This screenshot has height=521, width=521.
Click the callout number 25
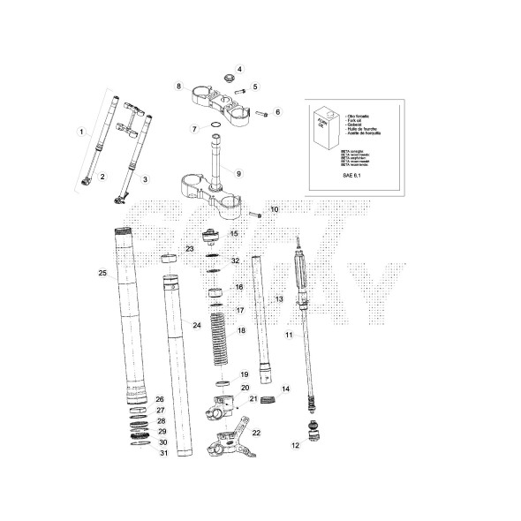click(x=102, y=274)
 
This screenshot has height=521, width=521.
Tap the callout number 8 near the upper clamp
click(x=178, y=86)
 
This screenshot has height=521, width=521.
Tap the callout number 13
click(x=278, y=300)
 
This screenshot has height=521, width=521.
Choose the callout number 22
click(x=257, y=434)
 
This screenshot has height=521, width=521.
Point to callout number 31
click(x=163, y=454)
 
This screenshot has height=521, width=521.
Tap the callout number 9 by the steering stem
click(x=238, y=173)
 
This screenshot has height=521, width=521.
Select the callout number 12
click(x=296, y=446)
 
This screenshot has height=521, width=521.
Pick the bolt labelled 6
click(x=262, y=113)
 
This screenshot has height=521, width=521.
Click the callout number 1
click(x=81, y=132)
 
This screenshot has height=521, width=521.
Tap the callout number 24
click(x=197, y=326)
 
